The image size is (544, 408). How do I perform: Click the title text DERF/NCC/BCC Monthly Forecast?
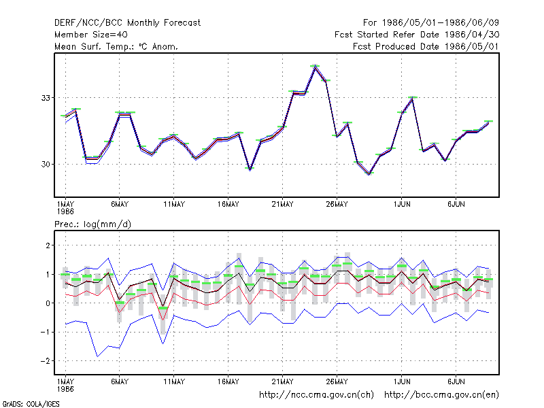click(x=127, y=23)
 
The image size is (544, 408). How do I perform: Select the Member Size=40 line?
click(x=91, y=35)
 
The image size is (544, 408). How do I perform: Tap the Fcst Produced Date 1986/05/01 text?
click(x=426, y=46)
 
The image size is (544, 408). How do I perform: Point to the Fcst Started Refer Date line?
click(x=417, y=35)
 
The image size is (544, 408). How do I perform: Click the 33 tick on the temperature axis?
click(x=46, y=98)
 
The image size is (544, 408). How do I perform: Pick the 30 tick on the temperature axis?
click(x=46, y=164)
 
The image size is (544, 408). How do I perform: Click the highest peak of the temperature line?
click(x=315, y=67)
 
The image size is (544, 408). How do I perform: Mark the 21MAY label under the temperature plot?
click(x=282, y=205)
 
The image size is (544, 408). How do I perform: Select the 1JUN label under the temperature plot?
click(x=402, y=205)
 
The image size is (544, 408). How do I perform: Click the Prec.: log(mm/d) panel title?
click(x=92, y=224)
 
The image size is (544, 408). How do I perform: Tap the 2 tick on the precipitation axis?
click(x=48, y=245)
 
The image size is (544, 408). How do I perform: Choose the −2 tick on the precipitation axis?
click(x=45, y=361)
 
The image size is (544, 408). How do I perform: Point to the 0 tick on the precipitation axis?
click(x=48, y=303)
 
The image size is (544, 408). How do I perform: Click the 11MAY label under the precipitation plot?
click(x=174, y=381)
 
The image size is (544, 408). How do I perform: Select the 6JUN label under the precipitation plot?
click(x=456, y=381)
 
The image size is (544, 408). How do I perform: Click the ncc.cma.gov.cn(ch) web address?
click(x=316, y=395)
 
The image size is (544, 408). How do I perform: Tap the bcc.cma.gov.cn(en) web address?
click(x=441, y=395)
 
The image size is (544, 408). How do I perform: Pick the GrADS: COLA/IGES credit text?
click(x=31, y=404)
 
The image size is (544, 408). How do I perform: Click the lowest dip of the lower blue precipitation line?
click(x=97, y=356)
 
